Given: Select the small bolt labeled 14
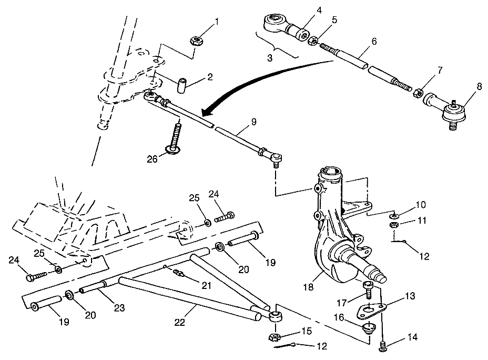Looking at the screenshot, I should pos(383,345).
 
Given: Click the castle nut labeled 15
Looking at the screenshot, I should pos(274,336).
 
